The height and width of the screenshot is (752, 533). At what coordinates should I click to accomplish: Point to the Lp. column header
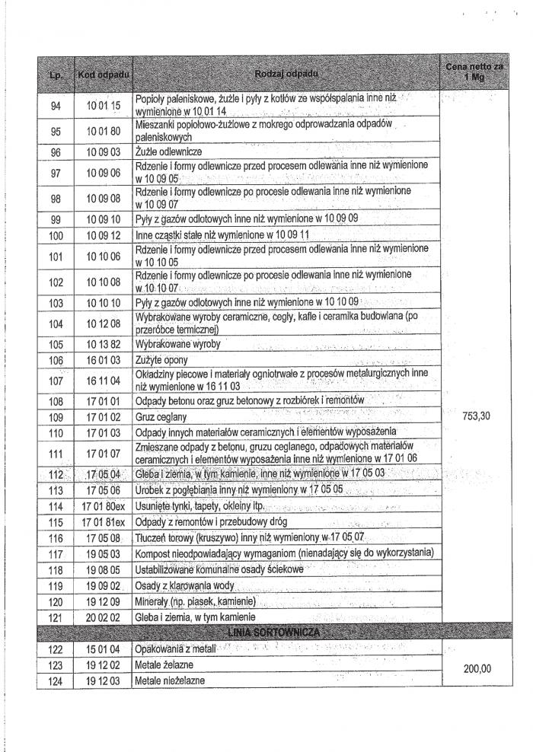pyautogui.click(x=55, y=75)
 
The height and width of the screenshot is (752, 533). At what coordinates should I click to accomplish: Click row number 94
pyautogui.click(x=55, y=105)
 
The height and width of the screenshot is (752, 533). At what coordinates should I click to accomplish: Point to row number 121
pyautogui.click(x=55, y=617)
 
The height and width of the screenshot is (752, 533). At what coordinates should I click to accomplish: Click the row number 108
pyautogui.click(x=55, y=400)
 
